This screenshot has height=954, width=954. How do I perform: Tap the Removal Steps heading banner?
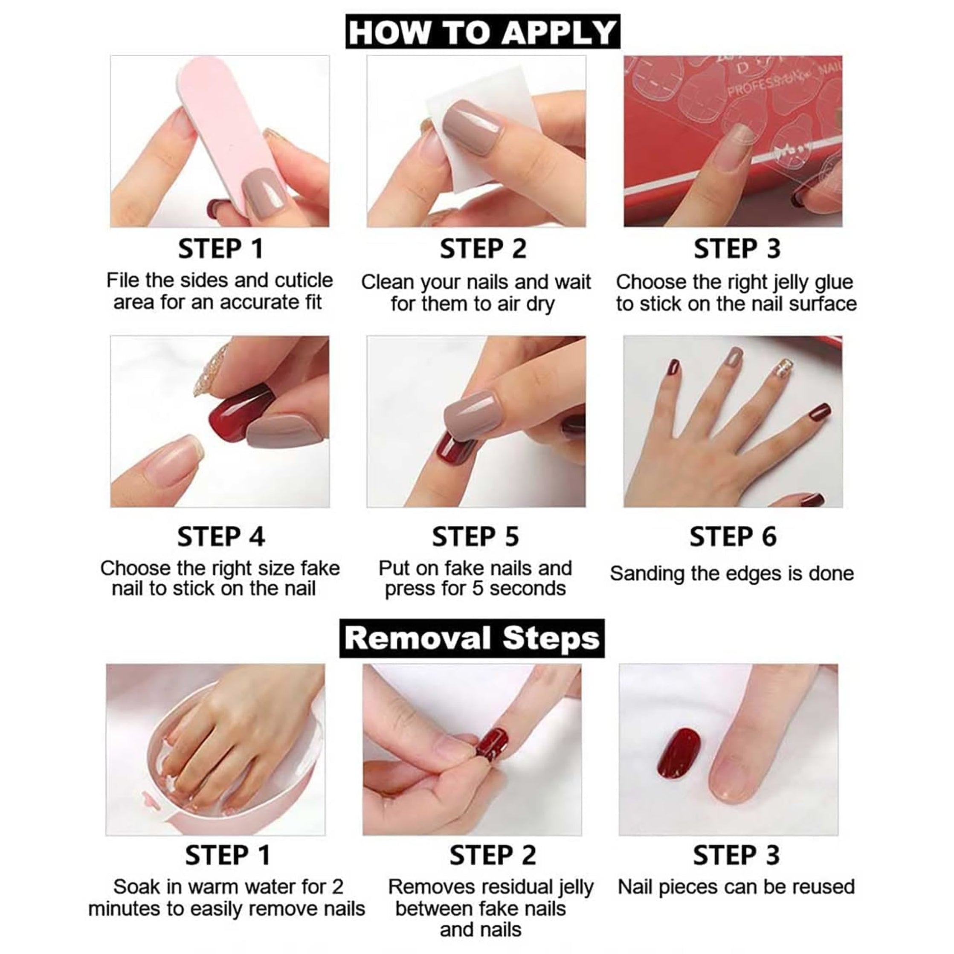(472, 638)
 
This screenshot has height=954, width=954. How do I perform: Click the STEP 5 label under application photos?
(475, 537)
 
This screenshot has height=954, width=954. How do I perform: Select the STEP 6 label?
(733, 537)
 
